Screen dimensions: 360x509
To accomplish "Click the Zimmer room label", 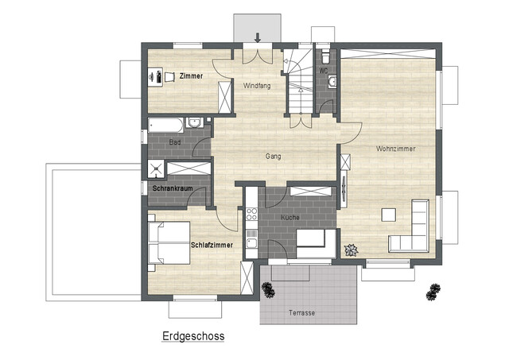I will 191,75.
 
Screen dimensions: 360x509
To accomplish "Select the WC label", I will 324,70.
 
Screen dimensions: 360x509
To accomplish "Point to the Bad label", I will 174,141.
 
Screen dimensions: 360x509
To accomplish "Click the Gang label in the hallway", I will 274,157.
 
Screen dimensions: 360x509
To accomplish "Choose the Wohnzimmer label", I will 396,149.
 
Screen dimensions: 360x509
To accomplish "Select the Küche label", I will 289,216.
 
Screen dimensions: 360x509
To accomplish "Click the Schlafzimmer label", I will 212,245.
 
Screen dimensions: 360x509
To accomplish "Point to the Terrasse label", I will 299,313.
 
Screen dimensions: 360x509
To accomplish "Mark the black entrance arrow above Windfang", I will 258,37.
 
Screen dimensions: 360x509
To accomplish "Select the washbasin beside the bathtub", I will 193,123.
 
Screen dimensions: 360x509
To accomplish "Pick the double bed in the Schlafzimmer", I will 165,242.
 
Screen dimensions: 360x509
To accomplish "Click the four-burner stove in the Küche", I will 251,213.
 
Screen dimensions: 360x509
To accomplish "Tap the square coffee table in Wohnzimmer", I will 388,215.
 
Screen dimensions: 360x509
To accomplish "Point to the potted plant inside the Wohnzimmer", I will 350,250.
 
